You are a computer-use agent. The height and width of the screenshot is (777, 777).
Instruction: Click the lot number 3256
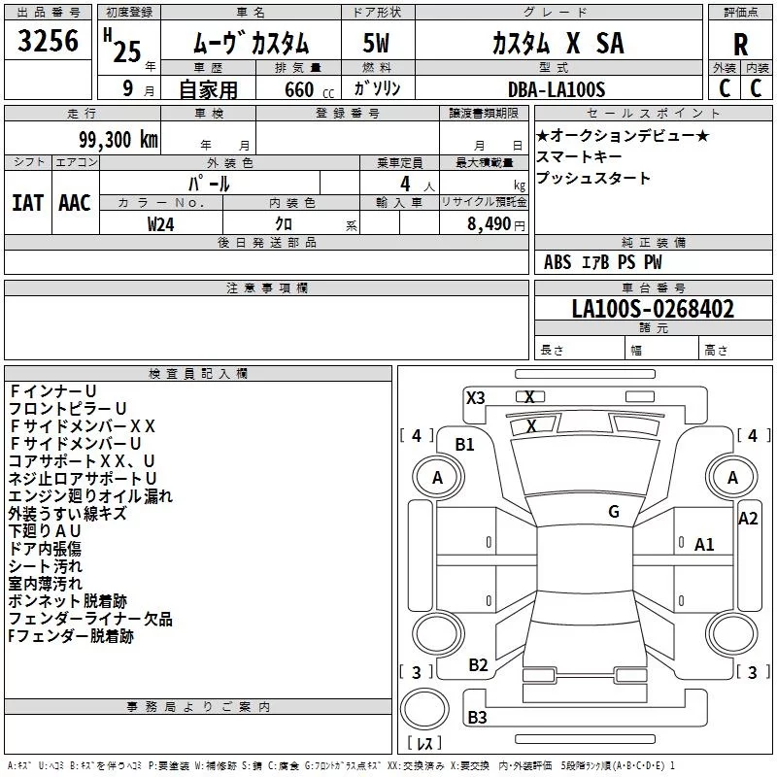tap(49, 41)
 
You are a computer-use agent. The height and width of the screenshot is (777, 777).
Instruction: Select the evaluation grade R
tap(740, 46)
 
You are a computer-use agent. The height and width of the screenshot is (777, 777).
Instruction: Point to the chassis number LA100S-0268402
tap(653, 310)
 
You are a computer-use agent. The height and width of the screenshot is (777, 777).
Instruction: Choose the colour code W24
tap(161, 223)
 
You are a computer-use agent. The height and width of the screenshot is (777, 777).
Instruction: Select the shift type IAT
tap(27, 202)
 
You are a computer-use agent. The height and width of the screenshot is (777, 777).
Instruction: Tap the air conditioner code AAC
tap(75, 202)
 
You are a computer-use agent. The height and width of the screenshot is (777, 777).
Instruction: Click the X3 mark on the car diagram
tap(476, 397)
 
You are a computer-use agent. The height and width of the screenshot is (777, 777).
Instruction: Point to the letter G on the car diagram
tap(613, 512)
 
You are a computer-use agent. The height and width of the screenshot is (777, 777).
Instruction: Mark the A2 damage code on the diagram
tap(748, 519)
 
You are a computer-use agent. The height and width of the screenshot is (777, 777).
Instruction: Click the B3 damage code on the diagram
tap(478, 718)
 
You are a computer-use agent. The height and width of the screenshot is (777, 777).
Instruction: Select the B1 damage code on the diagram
tap(465, 445)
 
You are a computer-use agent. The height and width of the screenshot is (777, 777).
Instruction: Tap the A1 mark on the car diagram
tap(704, 545)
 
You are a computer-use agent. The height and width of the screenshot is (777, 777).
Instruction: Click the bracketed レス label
tap(424, 744)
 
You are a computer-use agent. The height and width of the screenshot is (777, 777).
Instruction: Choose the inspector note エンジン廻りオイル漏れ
tap(90, 496)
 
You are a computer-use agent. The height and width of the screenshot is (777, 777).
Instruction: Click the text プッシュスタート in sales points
tap(593, 179)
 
